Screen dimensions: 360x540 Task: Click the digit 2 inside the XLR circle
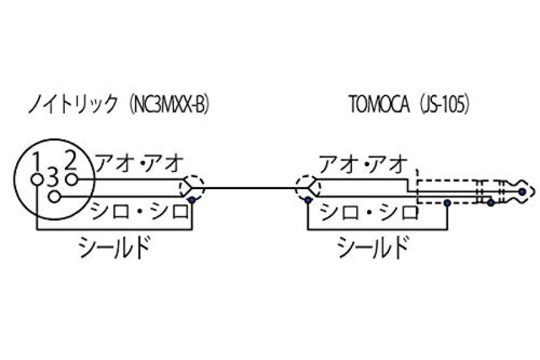tap(71, 159)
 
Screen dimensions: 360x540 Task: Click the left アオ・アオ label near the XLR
tap(139, 163)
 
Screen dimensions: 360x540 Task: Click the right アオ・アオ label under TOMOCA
tap(363, 163)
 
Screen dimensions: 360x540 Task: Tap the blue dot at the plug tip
tap(522, 191)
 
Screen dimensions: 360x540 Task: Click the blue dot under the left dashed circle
tap(190, 199)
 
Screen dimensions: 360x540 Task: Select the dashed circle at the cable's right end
tap(306, 187)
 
